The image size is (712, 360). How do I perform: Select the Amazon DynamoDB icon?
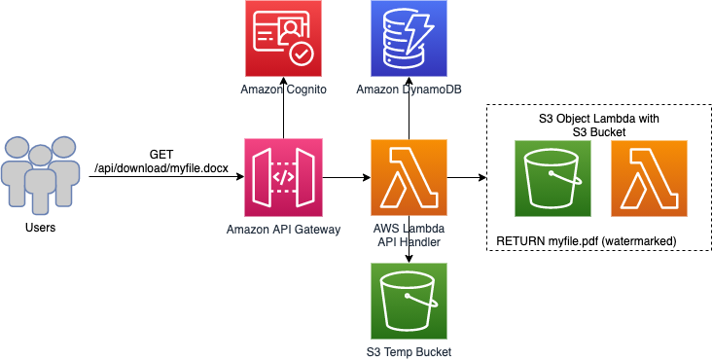pos(409,39)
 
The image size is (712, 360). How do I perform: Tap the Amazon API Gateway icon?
pos(283,177)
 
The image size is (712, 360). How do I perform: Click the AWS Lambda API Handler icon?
pos(409,177)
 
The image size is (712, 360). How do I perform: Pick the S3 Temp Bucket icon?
pos(409,301)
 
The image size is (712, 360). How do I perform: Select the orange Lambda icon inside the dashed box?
pos(649,177)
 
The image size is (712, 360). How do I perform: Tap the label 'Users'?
pos(39,228)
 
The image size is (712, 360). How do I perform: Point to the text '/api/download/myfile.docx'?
pos(162,169)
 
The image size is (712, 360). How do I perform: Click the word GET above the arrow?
pos(162,155)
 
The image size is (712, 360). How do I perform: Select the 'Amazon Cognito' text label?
pos(283,90)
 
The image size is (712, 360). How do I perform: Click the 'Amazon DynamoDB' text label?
pos(409,90)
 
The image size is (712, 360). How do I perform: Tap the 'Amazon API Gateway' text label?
pos(283,229)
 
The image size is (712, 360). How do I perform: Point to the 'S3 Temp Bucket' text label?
pos(409,351)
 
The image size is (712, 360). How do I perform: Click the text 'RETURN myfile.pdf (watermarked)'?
pos(587,239)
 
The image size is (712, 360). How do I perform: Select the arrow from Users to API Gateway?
pos(165,178)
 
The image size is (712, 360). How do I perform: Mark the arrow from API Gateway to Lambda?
pos(345,178)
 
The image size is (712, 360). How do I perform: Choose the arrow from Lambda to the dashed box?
pos(465,178)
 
